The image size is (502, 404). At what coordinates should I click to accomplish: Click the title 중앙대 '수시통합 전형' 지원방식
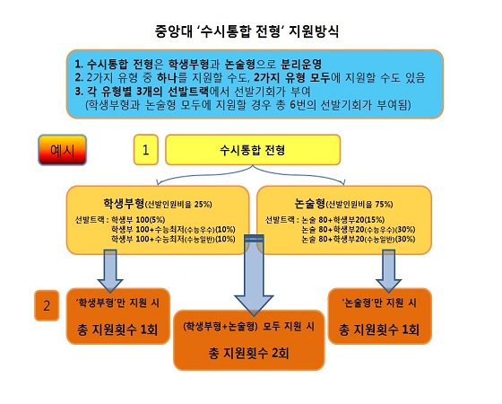pos(247,31)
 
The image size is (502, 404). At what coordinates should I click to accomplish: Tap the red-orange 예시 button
pos(63,150)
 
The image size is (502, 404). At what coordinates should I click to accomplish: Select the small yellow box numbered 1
pos(145,150)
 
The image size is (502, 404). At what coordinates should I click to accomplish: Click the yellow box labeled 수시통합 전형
pos(253,150)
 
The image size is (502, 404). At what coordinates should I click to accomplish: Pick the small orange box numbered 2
pos(47,305)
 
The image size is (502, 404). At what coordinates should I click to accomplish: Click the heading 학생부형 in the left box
pos(124,203)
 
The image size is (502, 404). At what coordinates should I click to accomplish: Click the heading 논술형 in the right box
pos(309,203)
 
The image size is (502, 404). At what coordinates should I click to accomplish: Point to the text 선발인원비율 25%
pos(178,205)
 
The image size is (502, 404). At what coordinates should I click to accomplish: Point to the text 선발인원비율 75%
pos(359,205)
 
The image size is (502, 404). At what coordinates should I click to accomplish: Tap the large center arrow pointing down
pos(254,275)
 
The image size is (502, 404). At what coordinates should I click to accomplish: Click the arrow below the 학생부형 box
pos(110,271)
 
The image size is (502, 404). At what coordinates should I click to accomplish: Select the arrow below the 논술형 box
pos(389,271)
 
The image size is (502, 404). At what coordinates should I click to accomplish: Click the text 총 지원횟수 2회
pos(249,353)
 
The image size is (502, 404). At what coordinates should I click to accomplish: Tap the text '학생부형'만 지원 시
pos(117,303)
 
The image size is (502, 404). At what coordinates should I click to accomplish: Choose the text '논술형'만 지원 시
pos(379,303)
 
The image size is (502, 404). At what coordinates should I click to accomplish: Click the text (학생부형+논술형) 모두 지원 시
pos(249,327)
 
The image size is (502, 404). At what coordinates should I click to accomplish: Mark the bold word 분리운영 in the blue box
pos(301,64)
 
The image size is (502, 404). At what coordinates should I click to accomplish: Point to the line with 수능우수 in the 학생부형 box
pos(173,230)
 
